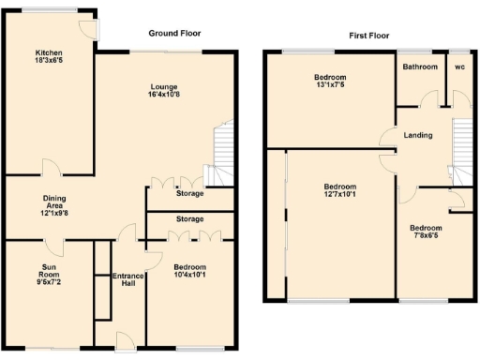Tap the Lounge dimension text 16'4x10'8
tap(165, 95)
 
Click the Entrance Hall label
tap(127, 280)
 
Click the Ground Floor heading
tap(174, 33)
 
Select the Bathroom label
tap(420, 67)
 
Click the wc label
tap(459, 67)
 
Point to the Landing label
tap(417, 135)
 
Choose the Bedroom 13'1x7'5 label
tap(329, 81)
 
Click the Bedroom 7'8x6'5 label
tap(426, 232)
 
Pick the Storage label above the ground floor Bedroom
tap(190, 218)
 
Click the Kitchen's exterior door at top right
tap(91, 29)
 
